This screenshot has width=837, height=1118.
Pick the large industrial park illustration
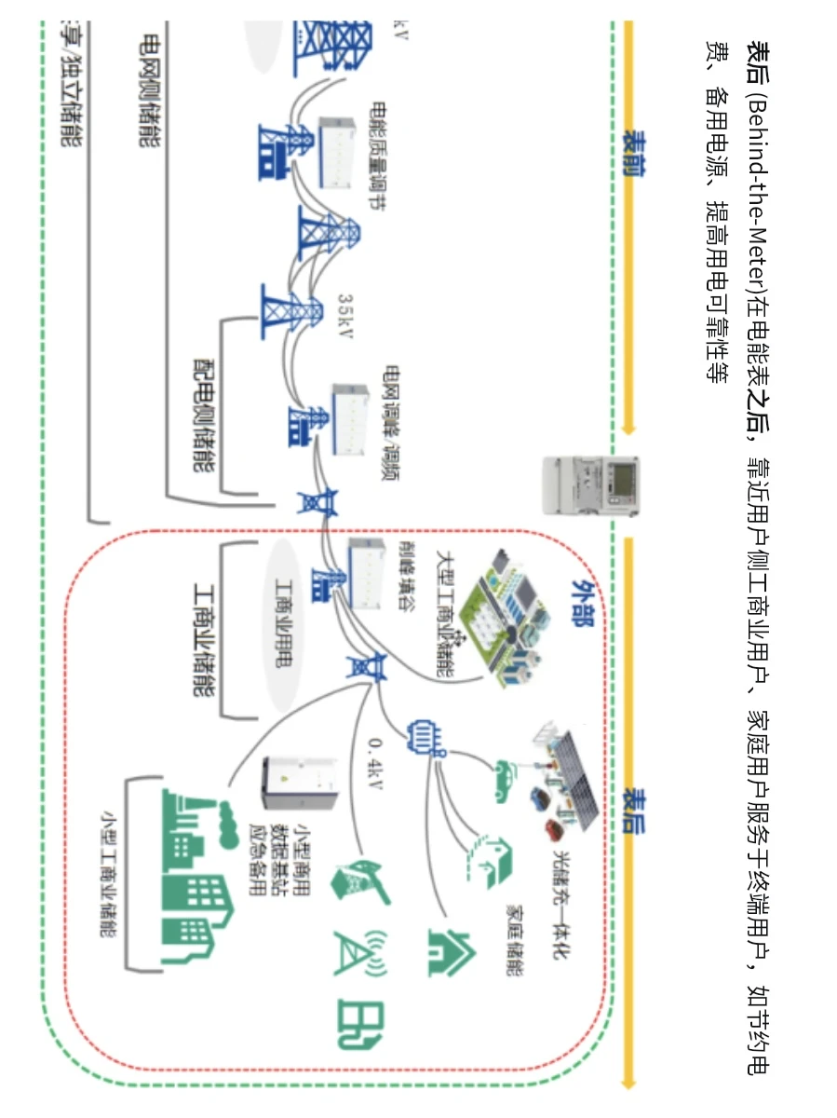pos(504,628)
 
